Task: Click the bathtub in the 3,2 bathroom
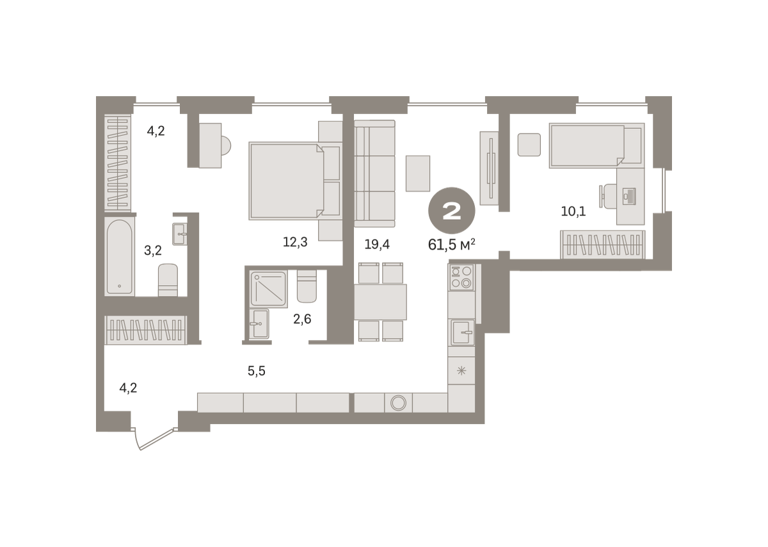(119, 256)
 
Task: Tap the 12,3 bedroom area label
(295, 242)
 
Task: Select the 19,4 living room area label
(377, 244)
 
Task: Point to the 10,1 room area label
(573, 211)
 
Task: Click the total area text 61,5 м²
(452, 245)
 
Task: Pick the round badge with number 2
(452, 211)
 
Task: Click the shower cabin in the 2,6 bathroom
(268, 289)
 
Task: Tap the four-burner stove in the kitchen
(461, 277)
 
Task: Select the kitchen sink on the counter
(462, 332)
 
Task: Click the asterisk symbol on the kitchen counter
(461, 371)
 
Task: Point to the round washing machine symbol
(398, 402)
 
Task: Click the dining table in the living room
(380, 302)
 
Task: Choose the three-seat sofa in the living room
(375, 174)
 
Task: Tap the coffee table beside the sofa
(417, 174)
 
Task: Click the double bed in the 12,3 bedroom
(295, 181)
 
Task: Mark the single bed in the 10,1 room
(596, 145)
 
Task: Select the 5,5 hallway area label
(257, 371)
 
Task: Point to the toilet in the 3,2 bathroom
(168, 280)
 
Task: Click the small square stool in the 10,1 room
(529, 145)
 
